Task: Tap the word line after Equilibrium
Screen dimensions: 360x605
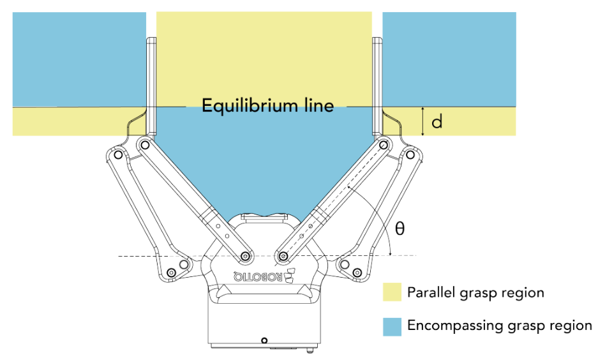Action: [316, 105]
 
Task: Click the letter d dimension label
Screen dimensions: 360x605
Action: [437, 121]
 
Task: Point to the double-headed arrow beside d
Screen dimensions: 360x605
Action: [422, 121]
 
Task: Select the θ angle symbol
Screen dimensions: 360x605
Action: [400, 229]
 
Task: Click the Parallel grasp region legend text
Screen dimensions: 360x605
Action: [475, 293]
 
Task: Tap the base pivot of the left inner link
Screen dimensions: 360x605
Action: [244, 257]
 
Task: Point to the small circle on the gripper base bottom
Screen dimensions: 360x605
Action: [264, 339]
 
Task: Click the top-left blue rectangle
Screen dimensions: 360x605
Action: [79, 59]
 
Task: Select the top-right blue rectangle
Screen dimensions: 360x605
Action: [449, 59]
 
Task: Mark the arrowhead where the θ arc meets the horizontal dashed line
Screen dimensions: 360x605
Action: [390, 253]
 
